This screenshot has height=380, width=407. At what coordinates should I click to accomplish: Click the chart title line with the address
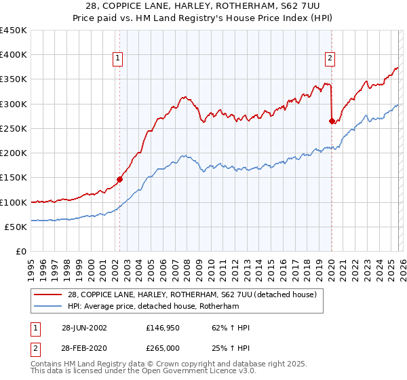tap(203, 6)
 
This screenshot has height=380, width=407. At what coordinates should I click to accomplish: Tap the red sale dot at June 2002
tap(119, 180)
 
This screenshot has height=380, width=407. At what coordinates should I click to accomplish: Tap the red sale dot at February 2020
tap(332, 121)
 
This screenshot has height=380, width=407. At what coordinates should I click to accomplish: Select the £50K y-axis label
tap(16, 227)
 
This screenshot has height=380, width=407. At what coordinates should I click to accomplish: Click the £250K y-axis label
tap(14, 128)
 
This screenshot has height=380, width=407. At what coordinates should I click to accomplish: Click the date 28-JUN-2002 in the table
tap(83, 328)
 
